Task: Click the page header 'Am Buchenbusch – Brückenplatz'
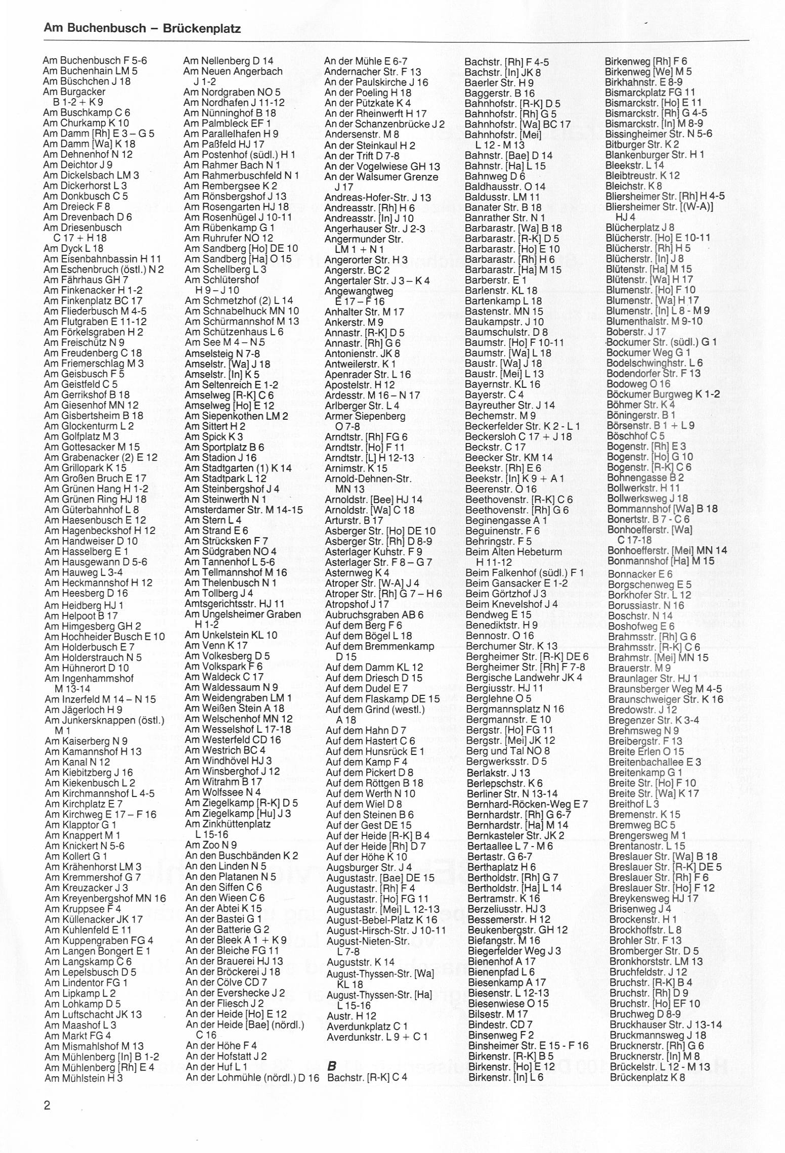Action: click(x=142, y=28)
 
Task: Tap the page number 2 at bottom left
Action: click(x=47, y=1105)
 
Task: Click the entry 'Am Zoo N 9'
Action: click(x=211, y=845)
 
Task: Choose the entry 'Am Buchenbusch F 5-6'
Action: click(x=95, y=60)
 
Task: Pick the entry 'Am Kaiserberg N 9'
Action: click(x=86, y=741)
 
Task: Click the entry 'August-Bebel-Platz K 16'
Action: click(x=382, y=919)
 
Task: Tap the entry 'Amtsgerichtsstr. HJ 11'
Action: click(x=235, y=603)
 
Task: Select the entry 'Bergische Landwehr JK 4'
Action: click(x=525, y=677)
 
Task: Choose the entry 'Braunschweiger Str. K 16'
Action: click(x=666, y=699)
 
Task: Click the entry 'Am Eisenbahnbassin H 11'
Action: click(x=103, y=258)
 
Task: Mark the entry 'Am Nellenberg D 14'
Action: click(x=229, y=61)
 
